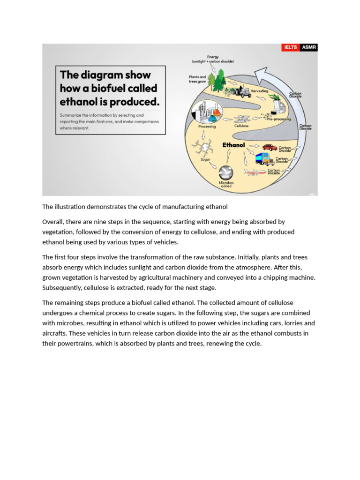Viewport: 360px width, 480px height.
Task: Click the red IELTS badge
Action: tap(291, 47)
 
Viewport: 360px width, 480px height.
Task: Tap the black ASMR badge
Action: tap(308, 47)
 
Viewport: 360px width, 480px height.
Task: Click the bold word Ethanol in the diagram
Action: tap(233, 145)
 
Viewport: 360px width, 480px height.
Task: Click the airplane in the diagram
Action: tap(255, 172)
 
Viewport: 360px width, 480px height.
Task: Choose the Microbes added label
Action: tap(226, 184)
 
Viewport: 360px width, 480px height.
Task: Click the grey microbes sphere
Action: tap(226, 171)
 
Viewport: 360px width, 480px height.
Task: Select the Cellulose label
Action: tap(241, 126)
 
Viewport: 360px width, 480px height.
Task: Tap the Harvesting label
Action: tap(259, 91)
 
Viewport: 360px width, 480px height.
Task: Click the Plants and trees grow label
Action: tap(197, 79)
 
